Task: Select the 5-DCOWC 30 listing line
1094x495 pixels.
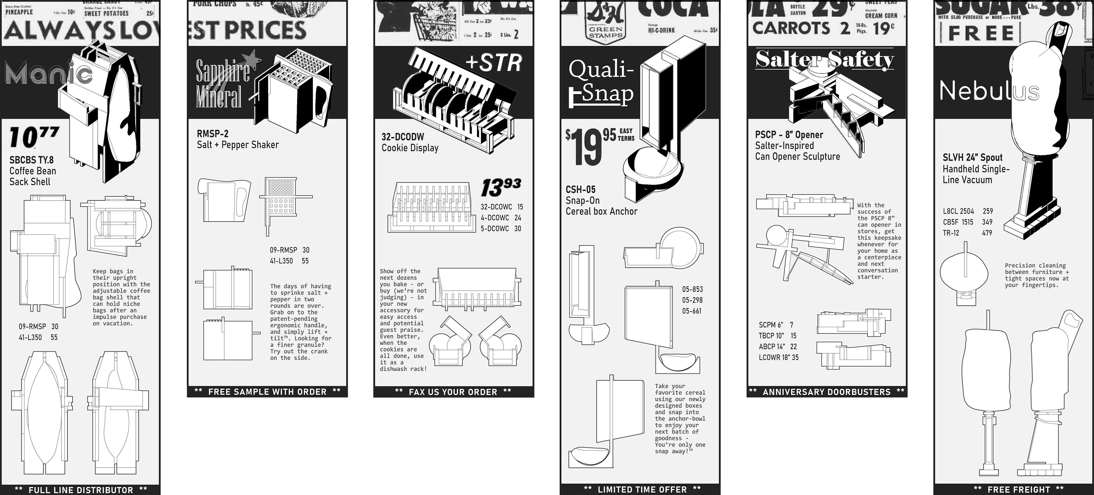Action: click(x=501, y=229)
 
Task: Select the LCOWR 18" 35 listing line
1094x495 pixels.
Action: click(x=778, y=357)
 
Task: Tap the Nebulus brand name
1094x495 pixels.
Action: click(x=989, y=91)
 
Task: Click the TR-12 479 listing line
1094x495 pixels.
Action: click(x=967, y=233)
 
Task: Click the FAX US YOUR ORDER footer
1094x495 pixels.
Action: click(x=453, y=392)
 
